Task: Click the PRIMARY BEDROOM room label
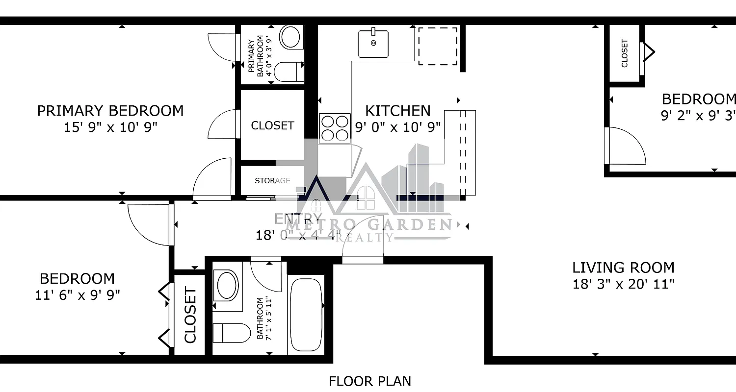[x=110, y=111]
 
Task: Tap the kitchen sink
[x=373, y=43]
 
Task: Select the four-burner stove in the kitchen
[x=335, y=128]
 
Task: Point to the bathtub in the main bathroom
[x=306, y=314]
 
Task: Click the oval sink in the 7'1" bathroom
[x=227, y=285]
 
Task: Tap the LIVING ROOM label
[x=623, y=268]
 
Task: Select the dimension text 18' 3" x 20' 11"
[x=623, y=284]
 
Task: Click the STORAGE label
[x=272, y=181]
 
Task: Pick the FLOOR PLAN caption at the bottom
[x=369, y=381]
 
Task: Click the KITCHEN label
[x=398, y=111]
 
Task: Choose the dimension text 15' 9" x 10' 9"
[x=110, y=127]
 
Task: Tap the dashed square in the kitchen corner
[x=437, y=46]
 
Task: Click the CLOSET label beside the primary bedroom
[x=272, y=125]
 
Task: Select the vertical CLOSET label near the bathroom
[x=190, y=316]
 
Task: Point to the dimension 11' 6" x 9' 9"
[x=77, y=295]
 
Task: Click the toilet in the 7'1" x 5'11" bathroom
[x=225, y=333]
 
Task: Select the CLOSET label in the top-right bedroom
[x=625, y=53]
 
